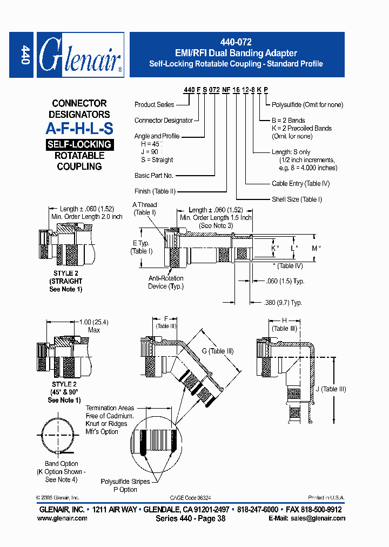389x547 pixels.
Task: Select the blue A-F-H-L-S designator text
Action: click(79, 129)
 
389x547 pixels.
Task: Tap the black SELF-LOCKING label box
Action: click(79, 144)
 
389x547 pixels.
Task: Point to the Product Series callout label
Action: click(155, 104)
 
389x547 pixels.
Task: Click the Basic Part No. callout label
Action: click(154, 176)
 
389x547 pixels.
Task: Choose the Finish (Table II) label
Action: click(155, 191)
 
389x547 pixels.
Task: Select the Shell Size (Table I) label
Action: click(297, 199)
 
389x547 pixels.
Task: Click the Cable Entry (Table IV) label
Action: click(300, 184)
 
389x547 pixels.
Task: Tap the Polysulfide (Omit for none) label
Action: click(307, 104)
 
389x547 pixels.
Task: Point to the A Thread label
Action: click(145, 205)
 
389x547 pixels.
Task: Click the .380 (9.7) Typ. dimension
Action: click(284, 303)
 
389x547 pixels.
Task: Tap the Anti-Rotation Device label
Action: click(166, 282)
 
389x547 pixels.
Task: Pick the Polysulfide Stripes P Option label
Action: click(126, 485)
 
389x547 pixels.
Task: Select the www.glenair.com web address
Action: click(62, 518)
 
